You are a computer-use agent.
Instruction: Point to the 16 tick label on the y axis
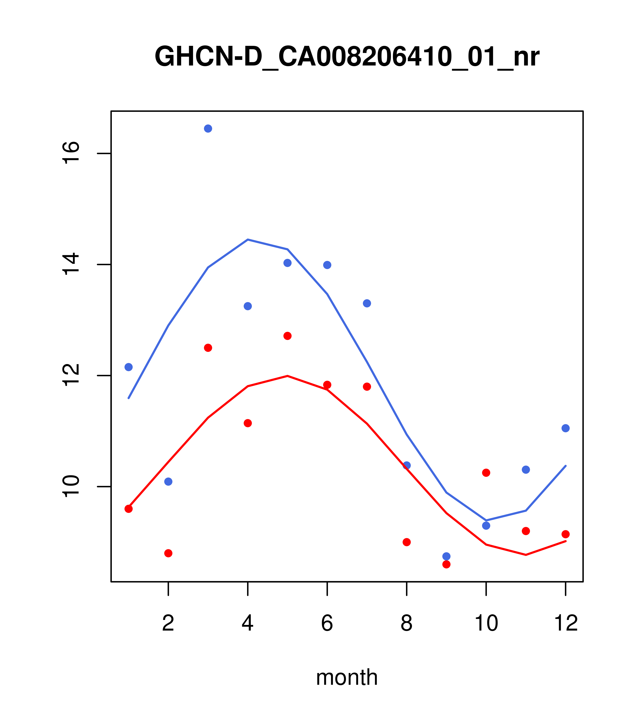[71, 153]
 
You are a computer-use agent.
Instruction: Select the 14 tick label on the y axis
[71, 264]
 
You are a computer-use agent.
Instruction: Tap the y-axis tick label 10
[71, 486]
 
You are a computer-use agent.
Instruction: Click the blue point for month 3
[208, 129]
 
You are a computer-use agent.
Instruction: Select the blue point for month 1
[128, 367]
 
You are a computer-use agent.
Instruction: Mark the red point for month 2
[168, 553]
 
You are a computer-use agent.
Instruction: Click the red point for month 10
[486, 473]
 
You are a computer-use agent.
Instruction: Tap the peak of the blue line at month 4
[248, 240]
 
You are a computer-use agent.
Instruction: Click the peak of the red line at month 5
[287, 376]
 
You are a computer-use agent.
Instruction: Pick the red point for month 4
[248, 423]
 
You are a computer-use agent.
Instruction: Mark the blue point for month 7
[367, 303]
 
